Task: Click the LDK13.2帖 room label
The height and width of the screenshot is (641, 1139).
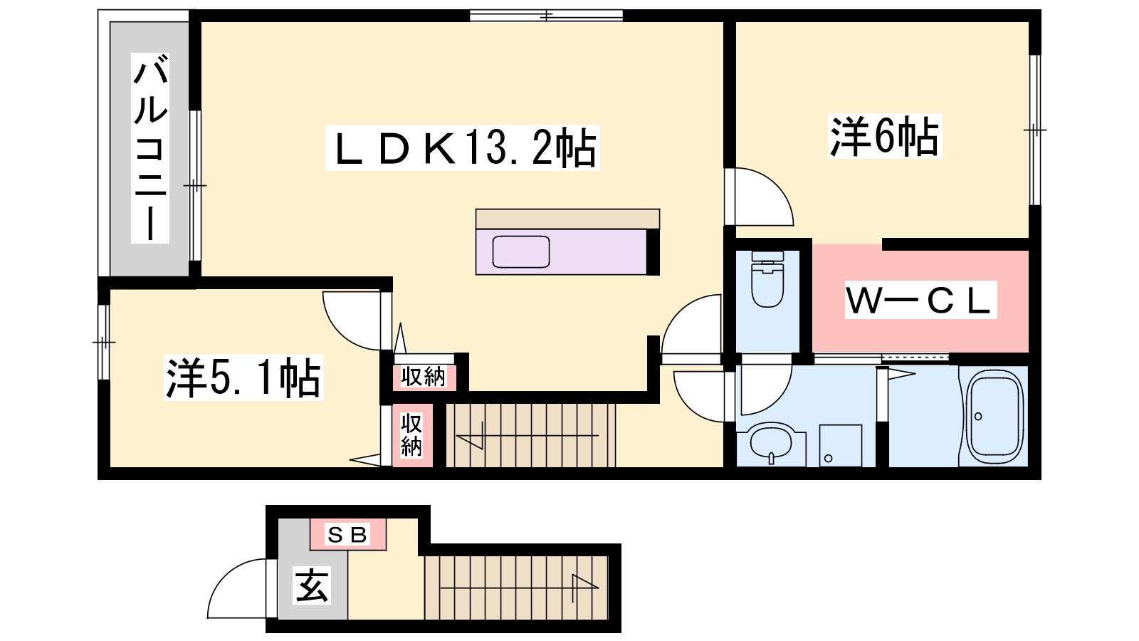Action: coord(462,147)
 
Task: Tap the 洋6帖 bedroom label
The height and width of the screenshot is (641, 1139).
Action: coord(884,136)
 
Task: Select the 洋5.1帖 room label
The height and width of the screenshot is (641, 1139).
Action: coord(243,378)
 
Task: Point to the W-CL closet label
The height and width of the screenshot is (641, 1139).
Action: coord(920,300)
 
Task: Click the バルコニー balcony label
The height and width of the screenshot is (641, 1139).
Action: coord(150,147)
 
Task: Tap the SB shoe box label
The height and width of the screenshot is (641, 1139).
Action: coord(348,535)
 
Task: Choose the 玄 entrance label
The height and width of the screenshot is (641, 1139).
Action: coord(312,585)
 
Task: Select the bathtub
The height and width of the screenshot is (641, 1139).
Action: coord(994,417)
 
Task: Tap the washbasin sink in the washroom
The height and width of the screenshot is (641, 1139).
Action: coord(771,442)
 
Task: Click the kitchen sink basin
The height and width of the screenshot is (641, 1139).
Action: coord(520,252)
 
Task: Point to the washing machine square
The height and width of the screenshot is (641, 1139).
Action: coord(841,446)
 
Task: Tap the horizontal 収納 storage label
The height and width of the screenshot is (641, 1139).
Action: coord(424,377)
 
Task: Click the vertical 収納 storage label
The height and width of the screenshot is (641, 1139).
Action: coord(411,435)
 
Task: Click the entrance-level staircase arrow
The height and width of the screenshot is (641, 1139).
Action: coord(520,588)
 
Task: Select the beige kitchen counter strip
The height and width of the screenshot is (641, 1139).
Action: coord(567,219)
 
